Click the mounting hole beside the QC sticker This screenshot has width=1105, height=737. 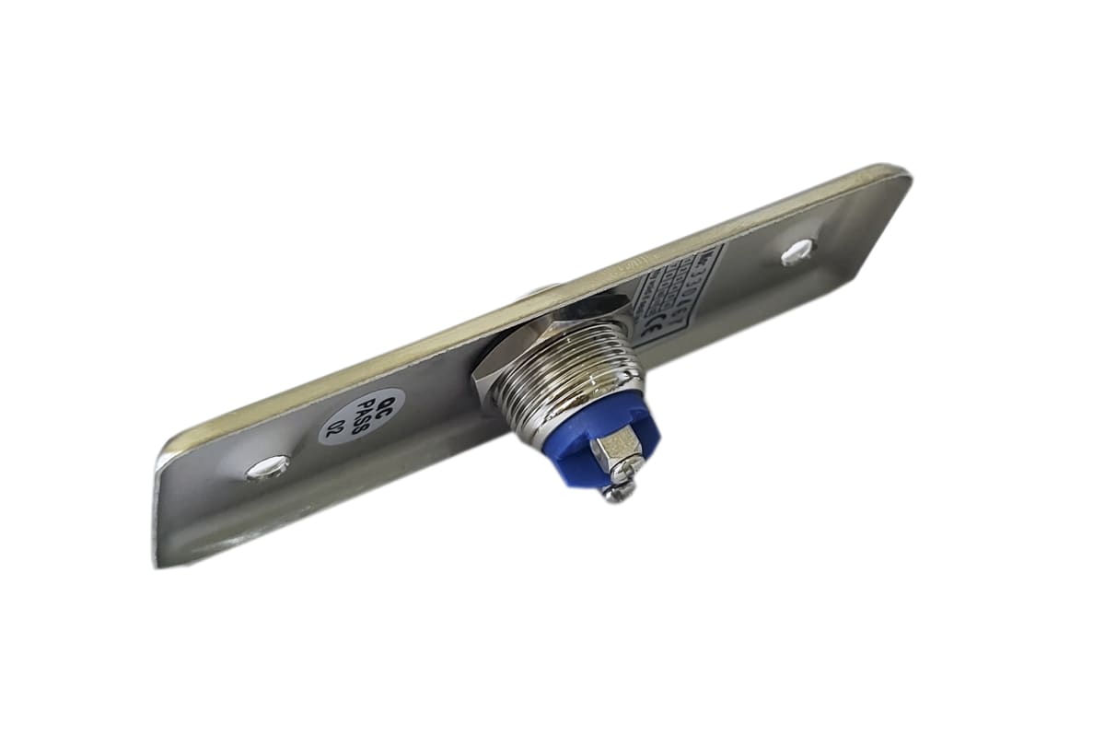tap(267, 468)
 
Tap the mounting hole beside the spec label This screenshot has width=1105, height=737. tap(797, 252)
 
